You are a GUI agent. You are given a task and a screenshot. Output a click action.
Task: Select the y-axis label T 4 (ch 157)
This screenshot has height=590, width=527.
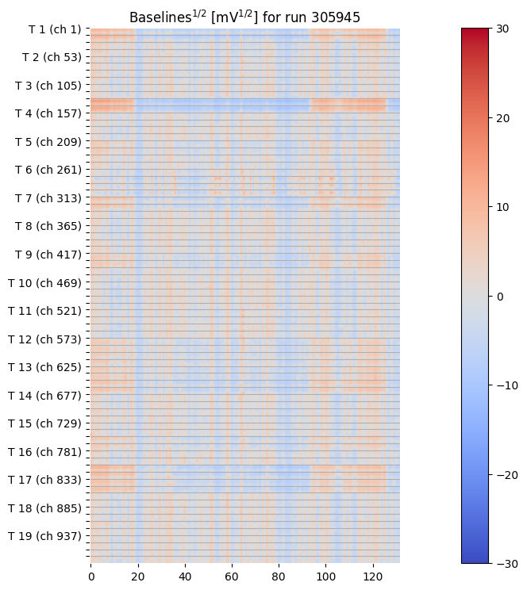(48, 113)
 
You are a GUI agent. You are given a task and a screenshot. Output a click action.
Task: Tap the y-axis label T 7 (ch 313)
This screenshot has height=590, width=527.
(48, 198)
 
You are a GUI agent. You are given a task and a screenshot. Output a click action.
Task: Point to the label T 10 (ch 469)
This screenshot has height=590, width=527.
(44, 283)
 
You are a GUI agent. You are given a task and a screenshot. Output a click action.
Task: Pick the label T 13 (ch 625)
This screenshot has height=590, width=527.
(44, 367)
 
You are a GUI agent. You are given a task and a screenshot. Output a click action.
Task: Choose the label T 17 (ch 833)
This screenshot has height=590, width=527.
(44, 480)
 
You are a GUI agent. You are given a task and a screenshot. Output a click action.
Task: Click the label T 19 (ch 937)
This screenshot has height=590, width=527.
(44, 536)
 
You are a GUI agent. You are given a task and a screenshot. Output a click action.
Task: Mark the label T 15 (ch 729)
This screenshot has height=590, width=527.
(44, 423)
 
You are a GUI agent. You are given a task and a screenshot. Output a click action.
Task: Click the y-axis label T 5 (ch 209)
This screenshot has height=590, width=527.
(48, 142)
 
